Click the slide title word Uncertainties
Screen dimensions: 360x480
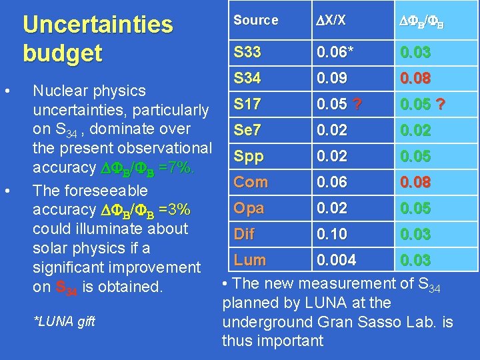[x=97, y=25]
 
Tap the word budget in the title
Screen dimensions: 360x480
[x=62, y=53]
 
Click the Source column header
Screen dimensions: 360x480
[x=255, y=20]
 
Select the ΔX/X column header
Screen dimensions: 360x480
[x=331, y=20]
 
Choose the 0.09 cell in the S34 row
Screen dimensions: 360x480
[x=331, y=78]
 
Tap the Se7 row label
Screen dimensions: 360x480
[x=248, y=130]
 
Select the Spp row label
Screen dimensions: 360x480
[x=249, y=156]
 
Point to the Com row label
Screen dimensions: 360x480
[x=250, y=182]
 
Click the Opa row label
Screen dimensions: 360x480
[x=249, y=208]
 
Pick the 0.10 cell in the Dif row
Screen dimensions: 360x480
[x=331, y=234]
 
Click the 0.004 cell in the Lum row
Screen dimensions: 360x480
[x=337, y=260]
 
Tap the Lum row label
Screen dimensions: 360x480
[x=249, y=260]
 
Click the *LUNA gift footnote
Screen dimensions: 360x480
[x=64, y=321]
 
